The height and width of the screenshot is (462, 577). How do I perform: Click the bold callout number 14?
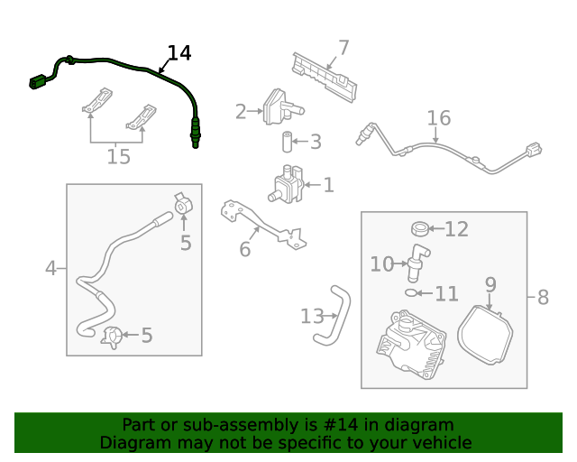click(179, 53)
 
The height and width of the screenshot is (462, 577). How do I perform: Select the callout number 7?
click(343, 48)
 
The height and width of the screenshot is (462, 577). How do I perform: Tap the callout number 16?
click(438, 118)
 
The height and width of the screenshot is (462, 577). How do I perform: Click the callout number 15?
click(118, 157)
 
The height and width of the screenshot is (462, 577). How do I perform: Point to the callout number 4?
click(51, 268)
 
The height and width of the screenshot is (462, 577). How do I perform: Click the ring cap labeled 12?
click(420, 228)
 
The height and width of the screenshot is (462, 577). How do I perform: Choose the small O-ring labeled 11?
click(412, 292)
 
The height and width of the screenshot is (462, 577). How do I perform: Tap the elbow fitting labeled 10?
click(417, 260)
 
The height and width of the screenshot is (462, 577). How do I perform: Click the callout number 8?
click(542, 297)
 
